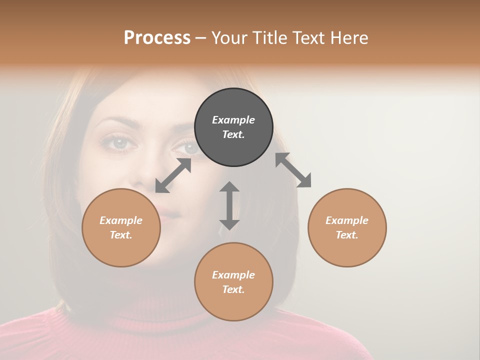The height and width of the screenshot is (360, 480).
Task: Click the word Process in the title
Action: click(157, 38)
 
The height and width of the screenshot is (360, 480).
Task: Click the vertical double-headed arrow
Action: click(229, 205)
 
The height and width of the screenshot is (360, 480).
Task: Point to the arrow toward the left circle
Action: click(173, 175)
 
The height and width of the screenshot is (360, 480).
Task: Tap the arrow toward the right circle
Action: click(293, 170)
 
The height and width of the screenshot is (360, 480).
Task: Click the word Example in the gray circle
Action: click(233, 120)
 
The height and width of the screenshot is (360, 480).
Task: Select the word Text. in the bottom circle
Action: click(233, 289)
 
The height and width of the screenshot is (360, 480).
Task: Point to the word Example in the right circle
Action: click(347, 220)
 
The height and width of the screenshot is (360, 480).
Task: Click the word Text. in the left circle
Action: click(121, 235)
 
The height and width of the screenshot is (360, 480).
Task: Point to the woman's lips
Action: click(169, 214)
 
